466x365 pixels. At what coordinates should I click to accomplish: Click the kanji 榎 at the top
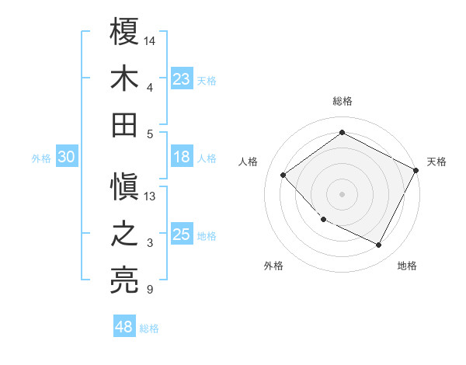(x=124, y=33)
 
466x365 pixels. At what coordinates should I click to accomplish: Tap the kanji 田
(x=124, y=124)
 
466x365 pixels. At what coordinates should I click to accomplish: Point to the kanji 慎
(x=124, y=189)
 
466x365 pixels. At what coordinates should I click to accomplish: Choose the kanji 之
(x=124, y=235)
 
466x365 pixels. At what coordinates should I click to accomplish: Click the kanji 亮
(x=124, y=280)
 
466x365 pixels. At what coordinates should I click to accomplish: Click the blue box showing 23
(x=182, y=79)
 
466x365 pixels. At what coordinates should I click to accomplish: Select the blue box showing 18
(x=182, y=158)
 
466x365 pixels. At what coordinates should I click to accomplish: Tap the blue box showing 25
(x=182, y=235)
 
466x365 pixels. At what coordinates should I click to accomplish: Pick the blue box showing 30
(x=66, y=158)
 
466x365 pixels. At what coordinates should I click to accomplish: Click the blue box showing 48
(x=124, y=327)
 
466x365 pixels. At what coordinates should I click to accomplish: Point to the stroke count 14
(x=151, y=39)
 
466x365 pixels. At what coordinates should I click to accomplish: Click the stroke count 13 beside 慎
(x=151, y=196)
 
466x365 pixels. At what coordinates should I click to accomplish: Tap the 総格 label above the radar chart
(x=343, y=101)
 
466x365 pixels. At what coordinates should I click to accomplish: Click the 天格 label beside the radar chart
(x=437, y=162)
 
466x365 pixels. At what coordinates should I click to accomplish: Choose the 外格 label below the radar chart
(x=273, y=266)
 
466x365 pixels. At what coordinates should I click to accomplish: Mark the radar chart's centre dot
(x=342, y=193)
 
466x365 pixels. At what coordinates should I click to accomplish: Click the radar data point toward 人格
(x=283, y=175)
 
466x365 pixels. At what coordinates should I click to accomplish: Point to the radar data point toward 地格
(x=379, y=245)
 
